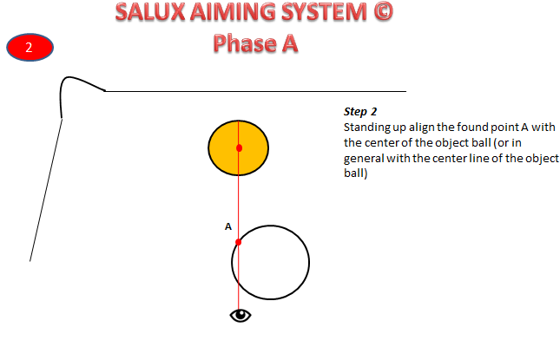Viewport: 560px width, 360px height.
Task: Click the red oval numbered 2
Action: click(29, 48)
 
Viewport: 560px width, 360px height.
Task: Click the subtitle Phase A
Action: click(256, 43)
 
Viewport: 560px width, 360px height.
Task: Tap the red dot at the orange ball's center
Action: click(239, 148)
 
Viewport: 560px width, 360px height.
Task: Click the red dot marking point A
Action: click(239, 241)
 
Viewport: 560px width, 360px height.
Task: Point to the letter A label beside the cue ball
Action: click(228, 226)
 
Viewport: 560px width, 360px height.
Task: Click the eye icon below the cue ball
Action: click(240, 315)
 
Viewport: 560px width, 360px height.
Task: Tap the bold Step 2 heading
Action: click(360, 113)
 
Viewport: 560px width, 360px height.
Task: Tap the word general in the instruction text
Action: click(362, 159)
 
